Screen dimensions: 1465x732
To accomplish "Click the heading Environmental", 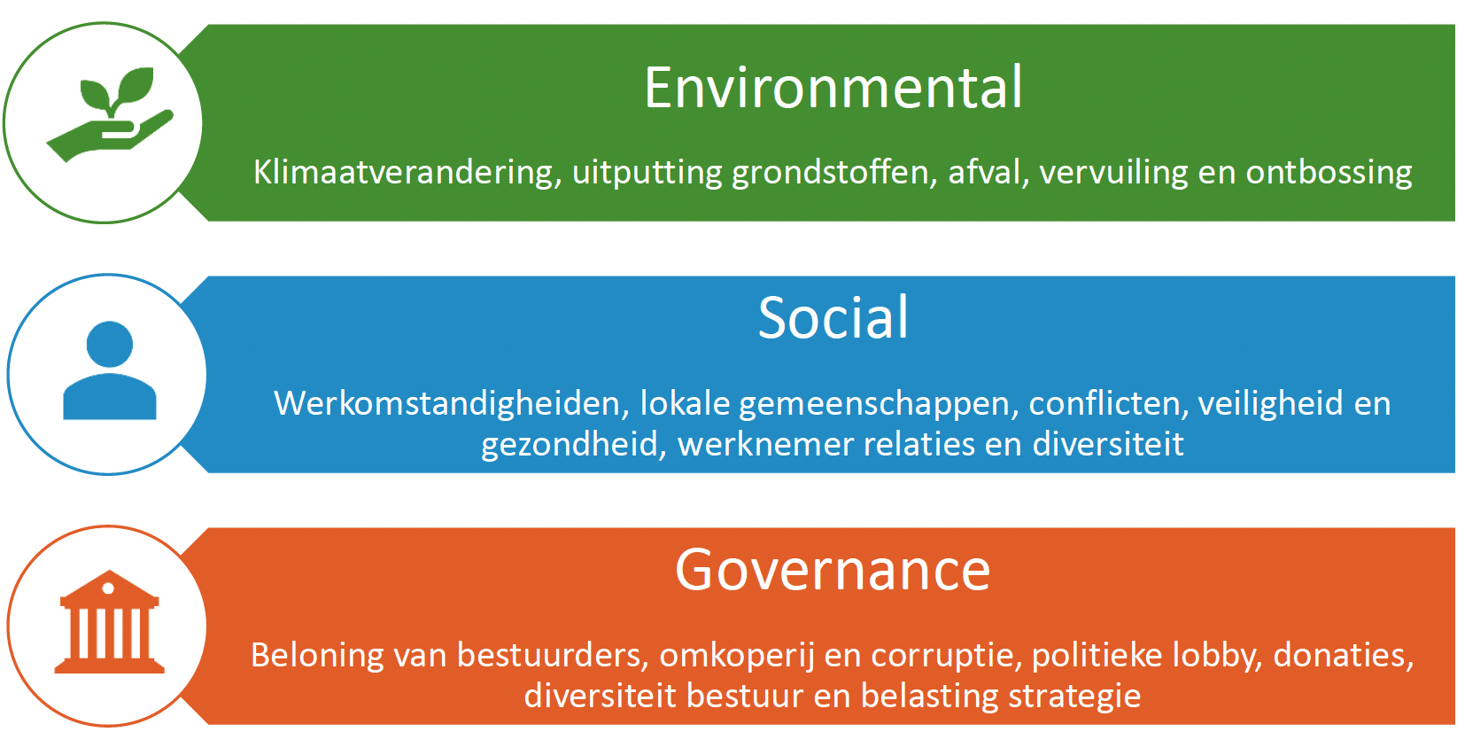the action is tap(833, 88).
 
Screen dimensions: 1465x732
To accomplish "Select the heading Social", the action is tap(833, 317).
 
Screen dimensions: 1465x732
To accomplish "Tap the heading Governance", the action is tap(833, 571).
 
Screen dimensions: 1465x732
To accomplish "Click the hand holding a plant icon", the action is tap(110, 113).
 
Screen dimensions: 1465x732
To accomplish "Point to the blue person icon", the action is tap(109, 370).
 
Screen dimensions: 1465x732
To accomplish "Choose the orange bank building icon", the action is tap(109, 621).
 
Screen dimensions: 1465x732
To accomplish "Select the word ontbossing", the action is tap(1329, 173).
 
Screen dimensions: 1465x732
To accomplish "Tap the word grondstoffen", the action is tap(834, 173).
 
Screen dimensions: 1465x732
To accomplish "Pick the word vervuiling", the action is tap(1113, 173).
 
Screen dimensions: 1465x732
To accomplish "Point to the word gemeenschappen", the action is tap(879, 403).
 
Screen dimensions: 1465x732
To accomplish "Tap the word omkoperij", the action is tap(737, 656).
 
